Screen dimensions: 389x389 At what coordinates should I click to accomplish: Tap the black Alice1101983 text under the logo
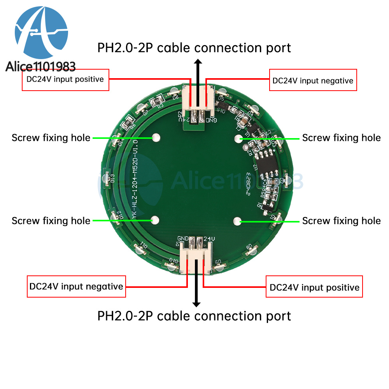(x=41, y=67)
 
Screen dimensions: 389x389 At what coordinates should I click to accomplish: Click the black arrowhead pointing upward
(x=198, y=62)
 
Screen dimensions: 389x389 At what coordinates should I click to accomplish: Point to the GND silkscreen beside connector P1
(x=183, y=238)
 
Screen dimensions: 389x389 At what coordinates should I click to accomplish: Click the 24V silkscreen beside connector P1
(x=209, y=238)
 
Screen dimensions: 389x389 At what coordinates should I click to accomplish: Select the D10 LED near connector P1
(x=172, y=266)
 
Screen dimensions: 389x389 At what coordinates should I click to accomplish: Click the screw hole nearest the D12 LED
(x=154, y=220)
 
